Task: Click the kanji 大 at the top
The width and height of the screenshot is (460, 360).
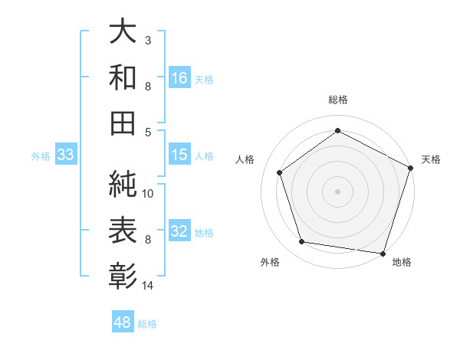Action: tap(123, 32)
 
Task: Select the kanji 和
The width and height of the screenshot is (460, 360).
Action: tap(123, 77)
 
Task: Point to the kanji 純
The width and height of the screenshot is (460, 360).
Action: tap(123, 183)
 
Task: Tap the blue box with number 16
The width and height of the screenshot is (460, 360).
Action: tap(179, 77)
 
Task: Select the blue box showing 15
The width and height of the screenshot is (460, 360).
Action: tap(179, 155)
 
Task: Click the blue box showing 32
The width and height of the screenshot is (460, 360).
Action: tap(179, 231)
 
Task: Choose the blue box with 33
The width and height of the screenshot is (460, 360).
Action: tap(65, 155)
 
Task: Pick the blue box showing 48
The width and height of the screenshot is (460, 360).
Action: tap(123, 322)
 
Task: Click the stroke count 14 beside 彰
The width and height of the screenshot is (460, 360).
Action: tap(148, 286)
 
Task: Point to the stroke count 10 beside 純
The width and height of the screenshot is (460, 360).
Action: tap(149, 193)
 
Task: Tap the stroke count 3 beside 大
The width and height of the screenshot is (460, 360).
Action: tap(148, 39)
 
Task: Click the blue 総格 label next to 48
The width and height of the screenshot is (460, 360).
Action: tap(147, 324)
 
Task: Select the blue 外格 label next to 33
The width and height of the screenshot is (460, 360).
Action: tap(41, 156)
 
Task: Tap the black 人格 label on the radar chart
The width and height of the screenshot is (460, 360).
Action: tap(245, 159)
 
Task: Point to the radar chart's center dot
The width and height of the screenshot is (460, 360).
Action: tap(337, 191)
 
